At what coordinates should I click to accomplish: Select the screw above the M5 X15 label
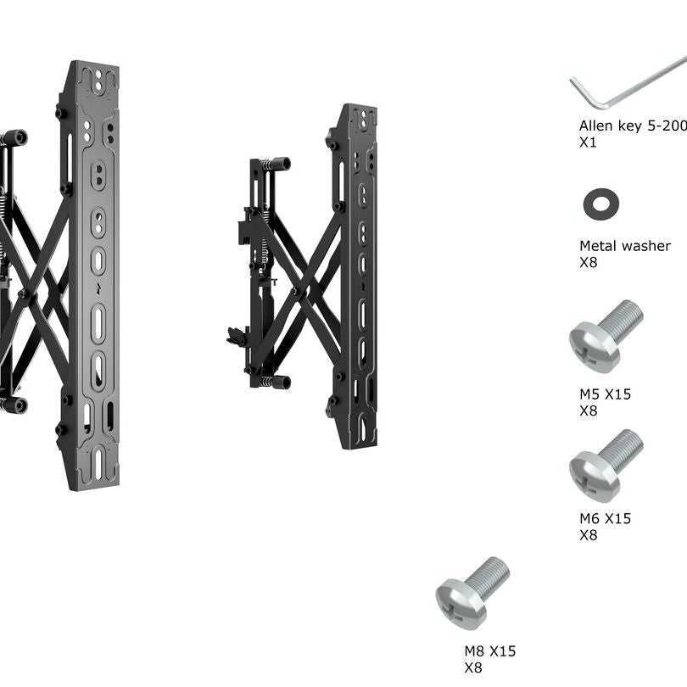(606, 336)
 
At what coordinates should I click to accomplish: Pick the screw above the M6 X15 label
(606, 466)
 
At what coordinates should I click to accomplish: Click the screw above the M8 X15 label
(472, 594)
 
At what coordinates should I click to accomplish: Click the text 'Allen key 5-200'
(633, 126)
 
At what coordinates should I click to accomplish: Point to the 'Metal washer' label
(625, 246)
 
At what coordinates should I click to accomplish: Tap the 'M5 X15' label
(605, 394)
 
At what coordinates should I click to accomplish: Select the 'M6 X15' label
(605, 519)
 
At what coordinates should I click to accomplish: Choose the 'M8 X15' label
(490, 651)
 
